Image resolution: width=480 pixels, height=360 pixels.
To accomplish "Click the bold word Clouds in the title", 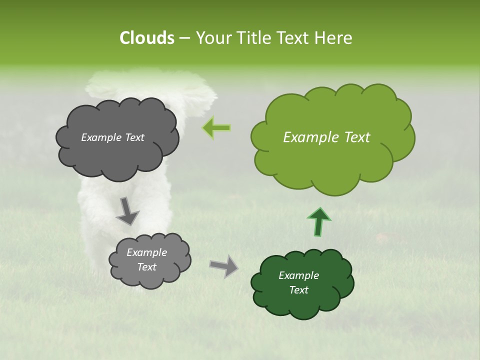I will pos(146,38).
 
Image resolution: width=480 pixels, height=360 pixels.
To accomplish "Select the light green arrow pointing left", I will pos(216,128).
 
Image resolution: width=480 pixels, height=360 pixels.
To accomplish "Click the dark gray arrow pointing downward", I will pos(127,211).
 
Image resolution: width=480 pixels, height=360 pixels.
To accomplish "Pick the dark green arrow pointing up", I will pos(318,221).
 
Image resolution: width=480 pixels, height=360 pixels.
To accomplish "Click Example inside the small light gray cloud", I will pos(146,252).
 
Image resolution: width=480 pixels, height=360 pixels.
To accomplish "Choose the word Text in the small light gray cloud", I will pos(146,267).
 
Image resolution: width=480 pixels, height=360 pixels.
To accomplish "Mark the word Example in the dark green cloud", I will pos(298,275).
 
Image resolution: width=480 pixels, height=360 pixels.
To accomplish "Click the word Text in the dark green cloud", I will pos(298,290).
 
